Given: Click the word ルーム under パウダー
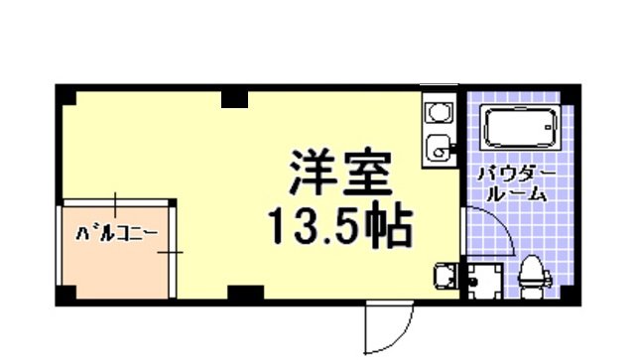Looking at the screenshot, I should tap(517, 195).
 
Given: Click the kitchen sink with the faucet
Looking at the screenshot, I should tap(438, 150).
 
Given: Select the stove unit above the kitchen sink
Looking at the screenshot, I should tap(437, 112).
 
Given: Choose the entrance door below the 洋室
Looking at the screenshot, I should tap(388, 327).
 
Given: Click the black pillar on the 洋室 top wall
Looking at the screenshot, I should tap(235, 97).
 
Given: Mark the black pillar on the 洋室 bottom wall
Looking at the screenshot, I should tap(245, 294).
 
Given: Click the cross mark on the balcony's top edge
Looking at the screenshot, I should tap(115, 204).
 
